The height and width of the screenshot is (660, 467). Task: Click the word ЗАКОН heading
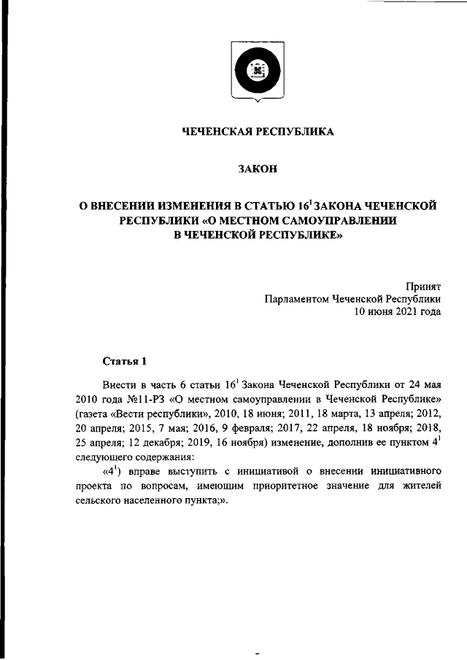tap(258, 170)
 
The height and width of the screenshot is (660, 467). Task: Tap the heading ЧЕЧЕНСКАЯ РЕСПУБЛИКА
tap(258, 132)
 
